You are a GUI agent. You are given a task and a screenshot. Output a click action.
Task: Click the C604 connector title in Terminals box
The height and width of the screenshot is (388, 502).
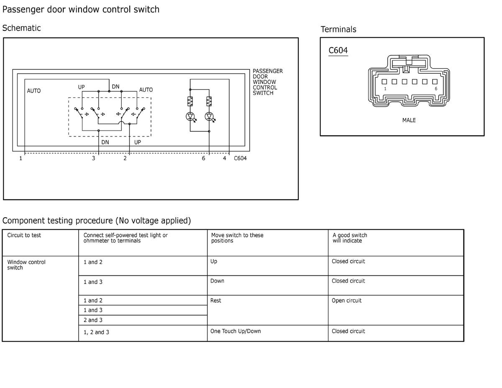338,51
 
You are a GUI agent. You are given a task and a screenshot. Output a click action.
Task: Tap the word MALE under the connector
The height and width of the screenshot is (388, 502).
409,120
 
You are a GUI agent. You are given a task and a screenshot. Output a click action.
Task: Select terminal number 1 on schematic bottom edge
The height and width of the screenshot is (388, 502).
20,159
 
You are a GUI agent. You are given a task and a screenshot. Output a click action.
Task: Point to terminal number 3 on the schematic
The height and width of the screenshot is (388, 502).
94,159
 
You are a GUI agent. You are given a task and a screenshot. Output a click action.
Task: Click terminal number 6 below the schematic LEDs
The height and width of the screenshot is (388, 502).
204,159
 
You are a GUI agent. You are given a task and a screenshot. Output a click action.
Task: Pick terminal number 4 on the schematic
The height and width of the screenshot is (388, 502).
225,159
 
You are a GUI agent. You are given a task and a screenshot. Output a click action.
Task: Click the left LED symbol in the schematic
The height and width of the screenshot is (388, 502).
190,117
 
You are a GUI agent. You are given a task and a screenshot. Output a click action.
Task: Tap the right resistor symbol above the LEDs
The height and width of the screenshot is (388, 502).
209,101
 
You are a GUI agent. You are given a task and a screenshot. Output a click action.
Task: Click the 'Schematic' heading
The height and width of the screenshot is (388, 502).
21,28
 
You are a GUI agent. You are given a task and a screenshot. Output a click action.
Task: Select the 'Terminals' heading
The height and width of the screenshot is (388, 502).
338,29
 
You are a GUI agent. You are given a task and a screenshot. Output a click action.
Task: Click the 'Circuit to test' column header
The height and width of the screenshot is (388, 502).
24,235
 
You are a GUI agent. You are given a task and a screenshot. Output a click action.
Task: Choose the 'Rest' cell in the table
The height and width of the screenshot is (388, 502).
216,301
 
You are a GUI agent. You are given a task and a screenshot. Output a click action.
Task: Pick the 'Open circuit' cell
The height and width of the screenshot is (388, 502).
346,301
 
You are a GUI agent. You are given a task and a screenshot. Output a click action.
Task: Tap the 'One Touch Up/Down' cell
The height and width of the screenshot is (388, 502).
236,331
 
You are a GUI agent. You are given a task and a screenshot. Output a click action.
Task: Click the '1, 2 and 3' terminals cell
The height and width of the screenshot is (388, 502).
96,332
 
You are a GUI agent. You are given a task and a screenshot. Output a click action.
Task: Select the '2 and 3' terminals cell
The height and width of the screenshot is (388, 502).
93,320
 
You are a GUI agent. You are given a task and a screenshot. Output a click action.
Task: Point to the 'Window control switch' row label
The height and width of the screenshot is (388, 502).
26,265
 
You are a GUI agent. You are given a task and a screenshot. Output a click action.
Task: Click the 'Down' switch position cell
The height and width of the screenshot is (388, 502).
217,281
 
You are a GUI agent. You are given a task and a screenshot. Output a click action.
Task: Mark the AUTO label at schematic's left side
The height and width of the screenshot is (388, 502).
34,91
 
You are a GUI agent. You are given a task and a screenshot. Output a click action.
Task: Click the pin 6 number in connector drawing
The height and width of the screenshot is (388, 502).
435,89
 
